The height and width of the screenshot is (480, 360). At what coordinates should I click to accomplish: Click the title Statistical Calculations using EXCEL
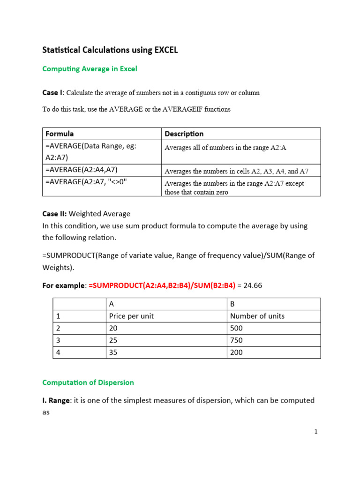pyautogui.click(x=110, y=50)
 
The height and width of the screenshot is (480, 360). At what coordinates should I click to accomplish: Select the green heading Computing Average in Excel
pyautogui.click(x=90, y=69)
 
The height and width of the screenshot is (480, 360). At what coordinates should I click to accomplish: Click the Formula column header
pyautogui.click(x=60, y=134)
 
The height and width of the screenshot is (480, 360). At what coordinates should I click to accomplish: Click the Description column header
pyautogui.click(x=184, y=134)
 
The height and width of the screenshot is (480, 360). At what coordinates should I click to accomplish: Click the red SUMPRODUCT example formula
pyautogui.click(x=162, y=286)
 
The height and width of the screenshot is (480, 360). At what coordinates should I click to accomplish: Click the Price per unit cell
pyautogui.click(x=131, y=316)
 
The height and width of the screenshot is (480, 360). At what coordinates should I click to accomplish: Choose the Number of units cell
pyautogui.click(x=257, y=316)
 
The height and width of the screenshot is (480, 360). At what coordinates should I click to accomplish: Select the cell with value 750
pyautogui.click(x=237, y=340)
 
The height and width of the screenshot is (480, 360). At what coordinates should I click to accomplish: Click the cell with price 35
pyautogui.click(x=113, y=352)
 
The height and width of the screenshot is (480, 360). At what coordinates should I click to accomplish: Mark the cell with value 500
pyautogui.click(x=237, y=328)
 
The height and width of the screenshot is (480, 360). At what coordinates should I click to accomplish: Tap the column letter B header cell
pyautogui.click(x=232, y=304)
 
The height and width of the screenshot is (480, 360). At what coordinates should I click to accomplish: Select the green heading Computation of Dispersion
pyautogui.click(x=88, y=382)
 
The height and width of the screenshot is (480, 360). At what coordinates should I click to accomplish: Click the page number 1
pyautogui.click(x=316, y=432)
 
